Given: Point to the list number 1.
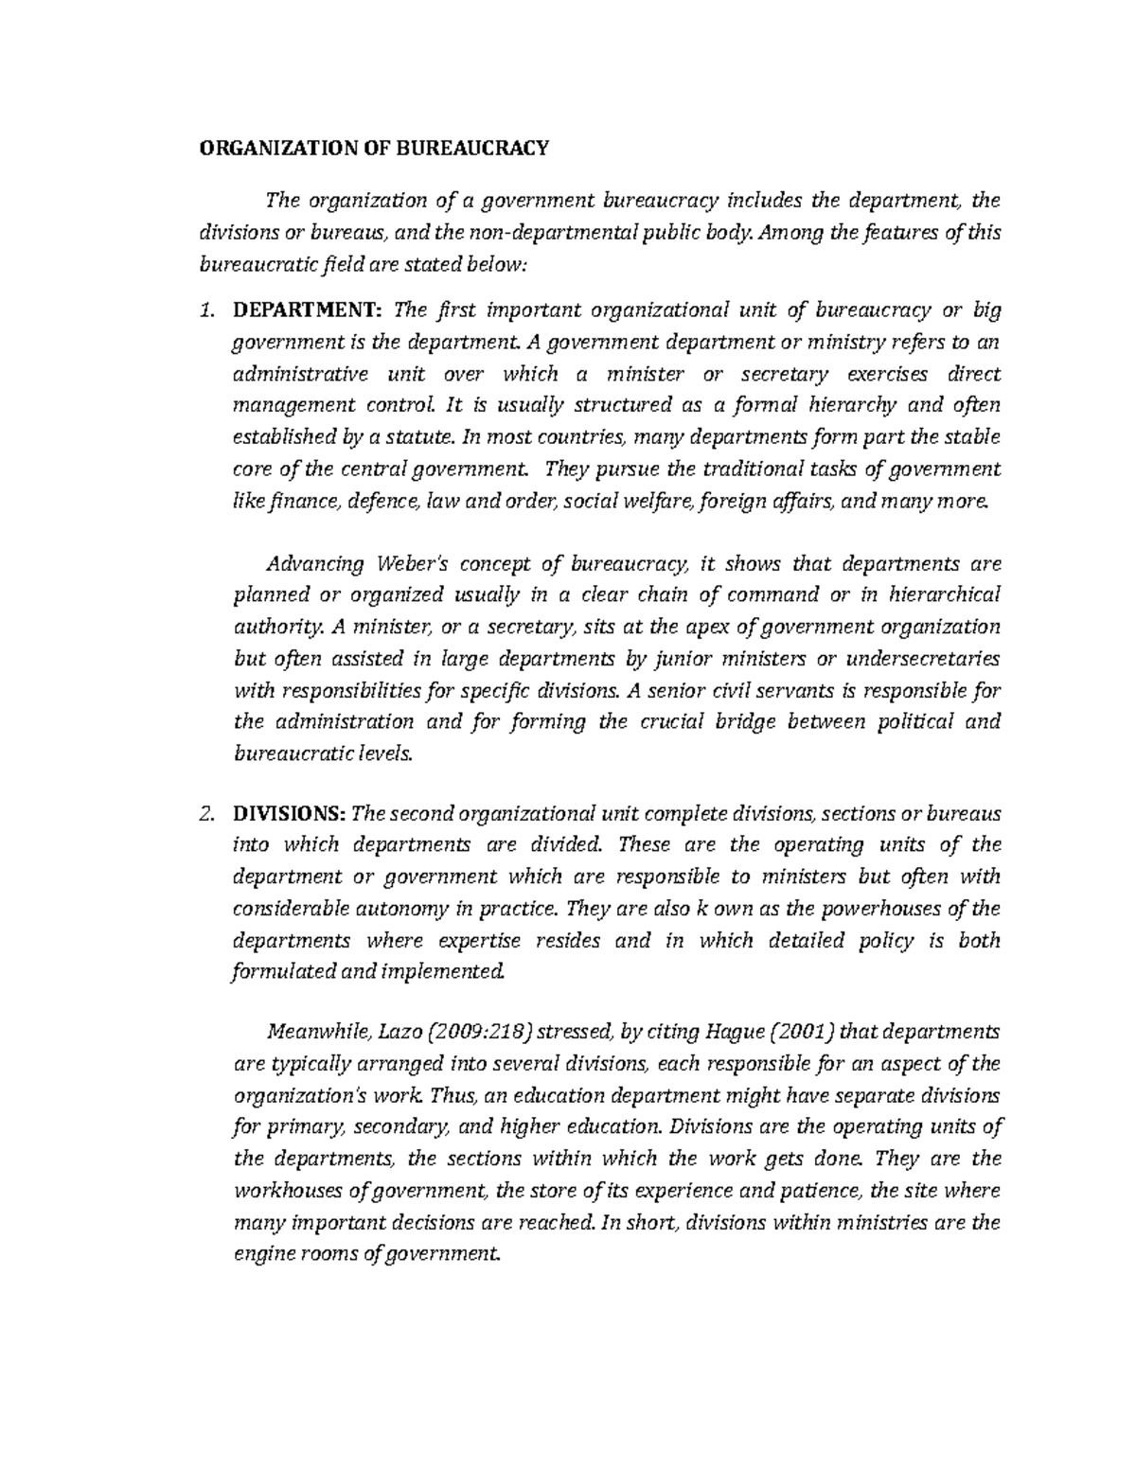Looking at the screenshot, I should pyautogui.click(x=207, y=310).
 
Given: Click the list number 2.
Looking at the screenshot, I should pyautogui.click(x=207, y=814).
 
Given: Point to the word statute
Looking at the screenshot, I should pyautogui.click(x=426, y=437).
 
